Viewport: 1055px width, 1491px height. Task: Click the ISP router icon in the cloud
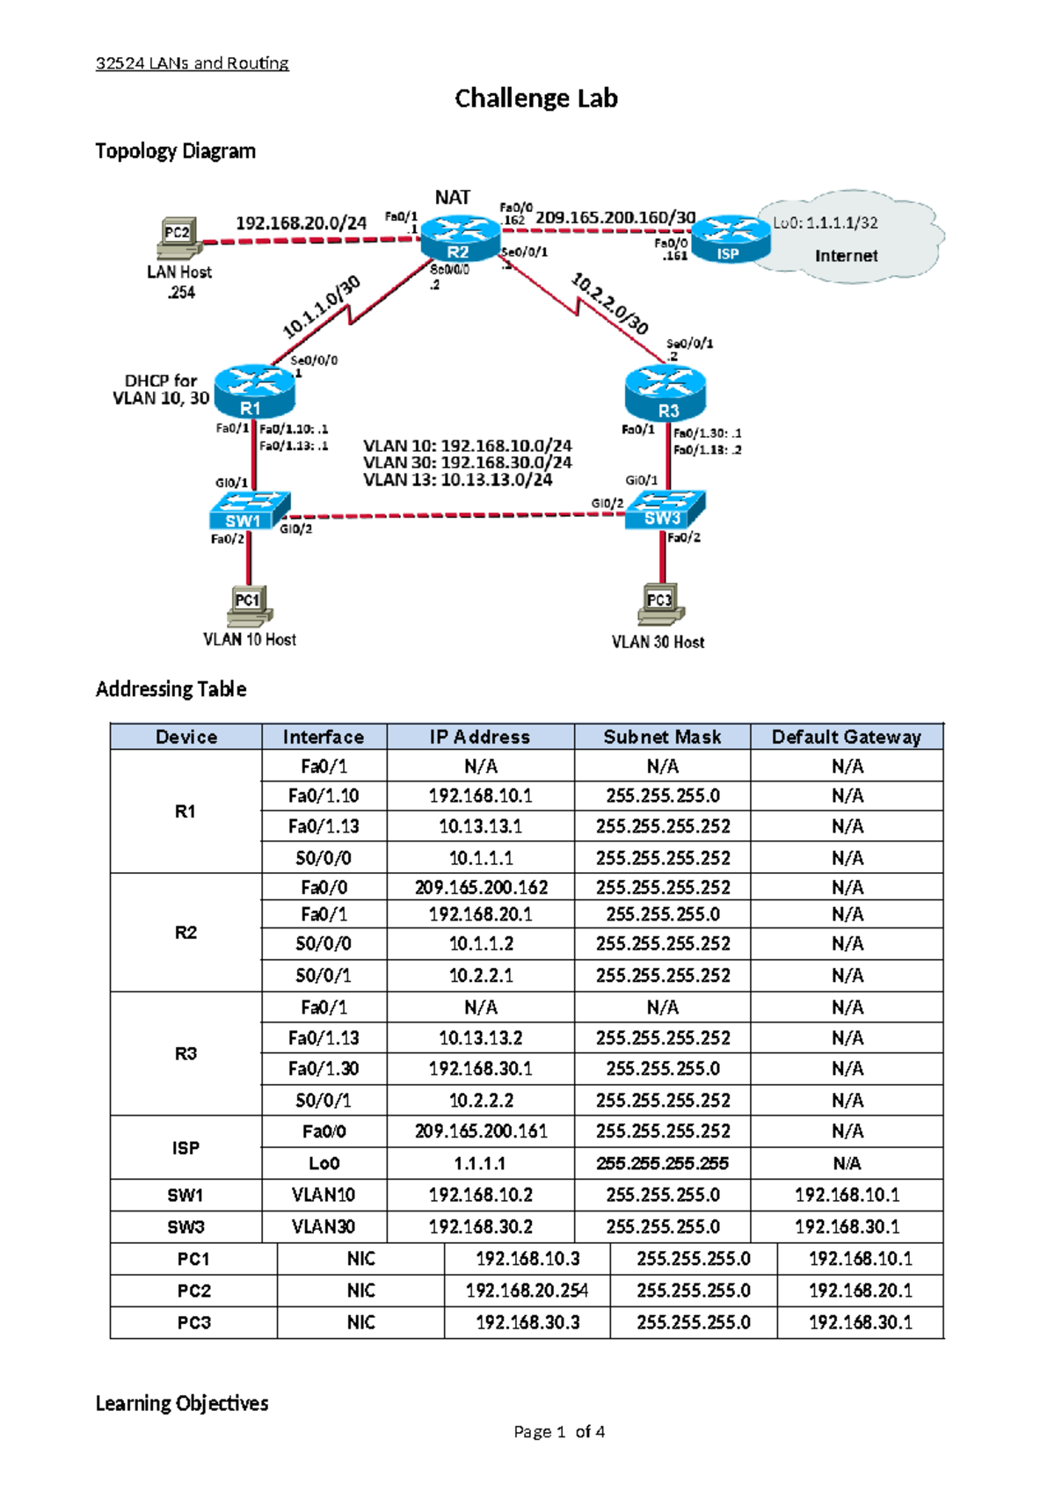pyautogui.click(x=729, y=239)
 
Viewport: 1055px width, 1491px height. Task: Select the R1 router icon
pyautogui.click(x=253, y=391)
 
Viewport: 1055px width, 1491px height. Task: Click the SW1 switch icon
pyautogui.click(x=249, y=511)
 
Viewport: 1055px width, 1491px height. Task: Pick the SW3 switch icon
pyautogui.click(x=666, y=509)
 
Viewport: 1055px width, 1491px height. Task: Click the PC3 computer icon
pyautogui.click(x=660, y=603)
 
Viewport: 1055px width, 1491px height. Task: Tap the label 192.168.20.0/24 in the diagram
pyautogui.click(x=301, y=223)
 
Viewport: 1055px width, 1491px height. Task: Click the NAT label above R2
pyautogui.click(x=453, y=198)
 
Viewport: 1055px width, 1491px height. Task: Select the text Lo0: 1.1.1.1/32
pyautogui.click(x=825, y=223)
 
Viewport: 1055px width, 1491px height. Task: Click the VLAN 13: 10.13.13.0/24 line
pyautogui.click(x=457, y=480)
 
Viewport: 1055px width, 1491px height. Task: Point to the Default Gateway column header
pyautogui.click(x=846, y=737)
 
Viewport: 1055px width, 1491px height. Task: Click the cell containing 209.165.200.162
pyautogui.click(x=481, y=887)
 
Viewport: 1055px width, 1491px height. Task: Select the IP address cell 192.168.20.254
pyautogui.click(x=527, y=1291)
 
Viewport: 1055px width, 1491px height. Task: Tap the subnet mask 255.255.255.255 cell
pyautogui.click(x=662, y=1163)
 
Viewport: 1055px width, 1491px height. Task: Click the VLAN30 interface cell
pyautogui.click(x=324, y=1226)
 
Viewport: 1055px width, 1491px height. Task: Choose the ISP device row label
pyautogui.click(x=186, y=1147)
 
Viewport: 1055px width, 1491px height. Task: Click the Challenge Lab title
pyautogui.click(x=535, y=98)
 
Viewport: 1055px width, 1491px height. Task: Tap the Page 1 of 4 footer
pyautogui.click(x=559, y=1432)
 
